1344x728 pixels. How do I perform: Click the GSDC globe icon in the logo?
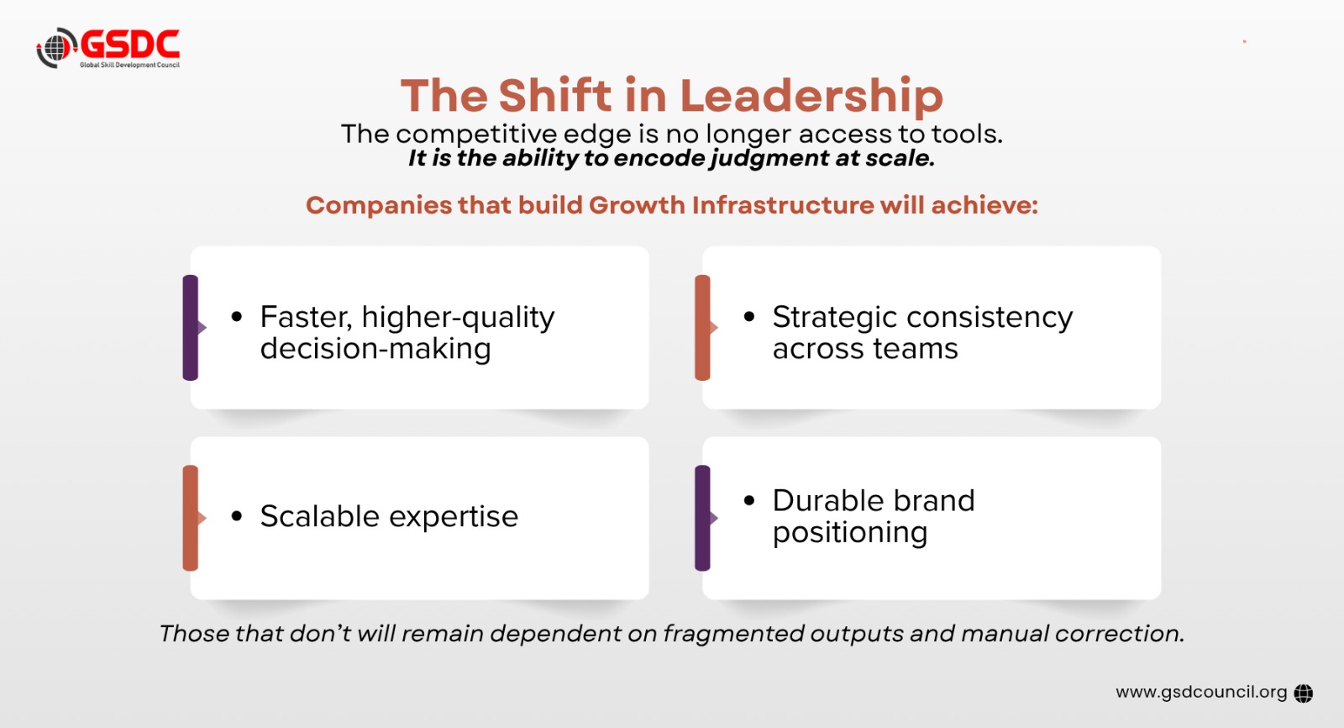tap(56, 47)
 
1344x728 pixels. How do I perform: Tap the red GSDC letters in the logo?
tap(130, 45)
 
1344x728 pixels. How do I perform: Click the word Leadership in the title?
tap(811, 97)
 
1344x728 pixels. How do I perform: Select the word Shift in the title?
tap(555, 95)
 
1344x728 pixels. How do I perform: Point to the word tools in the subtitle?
tap(966, 134)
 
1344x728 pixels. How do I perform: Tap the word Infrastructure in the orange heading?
tap(783, 205)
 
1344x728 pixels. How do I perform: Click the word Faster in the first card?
tap(306, 317)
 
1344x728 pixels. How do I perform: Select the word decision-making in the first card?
tap(375, 349)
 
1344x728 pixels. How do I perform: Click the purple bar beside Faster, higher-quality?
tap(191, 327)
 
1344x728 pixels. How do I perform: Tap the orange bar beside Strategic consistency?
tap(702, 327)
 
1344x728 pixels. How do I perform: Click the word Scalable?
tap(320, 516)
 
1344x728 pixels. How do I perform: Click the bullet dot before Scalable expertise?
tap(236, 516)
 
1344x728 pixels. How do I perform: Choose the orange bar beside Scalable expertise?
tap(191, 518)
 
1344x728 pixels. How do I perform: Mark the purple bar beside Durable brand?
tap(702, 518)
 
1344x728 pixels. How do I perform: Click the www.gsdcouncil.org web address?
tap(1201, 693)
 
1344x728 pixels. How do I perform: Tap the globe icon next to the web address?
tap(1303, 694)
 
